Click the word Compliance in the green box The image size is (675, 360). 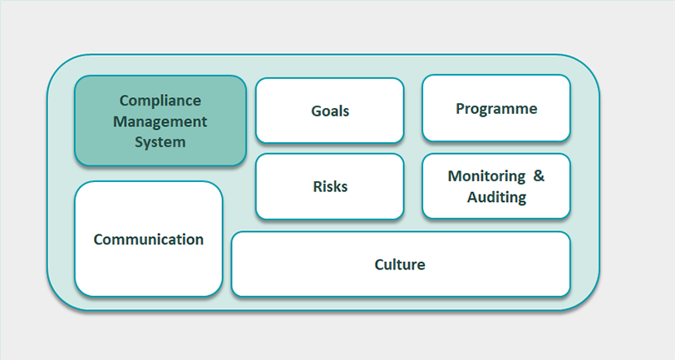point(160,101)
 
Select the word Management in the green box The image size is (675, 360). point(160,121)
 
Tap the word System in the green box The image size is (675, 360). point(160,141)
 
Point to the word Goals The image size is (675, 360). point(330,111)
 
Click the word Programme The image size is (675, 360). point(496,109)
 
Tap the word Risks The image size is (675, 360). point(330,186)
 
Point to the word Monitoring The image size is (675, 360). point(486,176)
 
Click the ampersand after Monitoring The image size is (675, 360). point(538,176)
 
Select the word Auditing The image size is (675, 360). point(496,197)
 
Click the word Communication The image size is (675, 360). point(149,239)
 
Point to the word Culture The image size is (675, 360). point(400,264)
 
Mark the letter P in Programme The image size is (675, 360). point(460,109)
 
